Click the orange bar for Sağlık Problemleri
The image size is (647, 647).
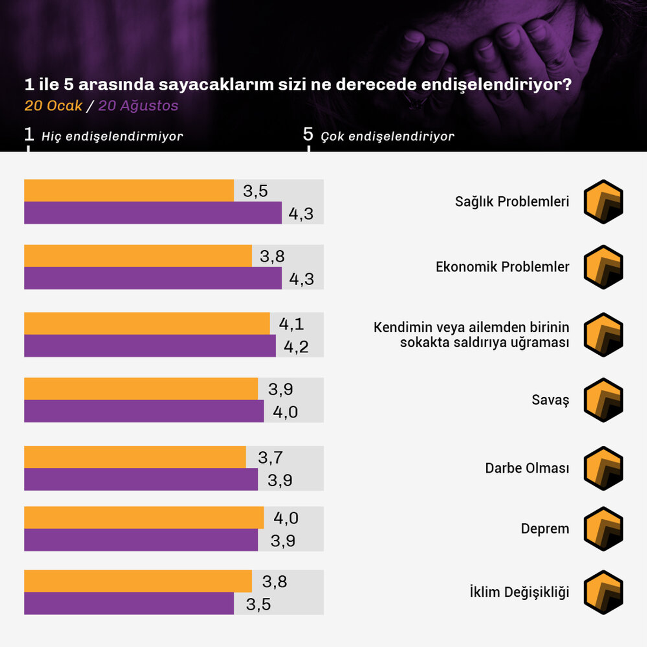pos(129,190)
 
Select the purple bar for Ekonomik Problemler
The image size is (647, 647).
pos(153,278)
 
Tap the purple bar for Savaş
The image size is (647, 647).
pos(144,411)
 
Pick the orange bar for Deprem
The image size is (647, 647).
pos(144,518)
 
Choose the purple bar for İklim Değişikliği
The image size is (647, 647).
pos(129,603)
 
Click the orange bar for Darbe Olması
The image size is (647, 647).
pos(135,457)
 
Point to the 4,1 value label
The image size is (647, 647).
pos(291,324)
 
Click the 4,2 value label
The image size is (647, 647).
pos(296,347)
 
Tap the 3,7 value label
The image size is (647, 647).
pos(270,457)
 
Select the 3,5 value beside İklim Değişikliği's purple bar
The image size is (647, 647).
pos(258,604)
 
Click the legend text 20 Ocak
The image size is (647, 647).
pos(53,106)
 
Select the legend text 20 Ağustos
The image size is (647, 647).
pos(138,106)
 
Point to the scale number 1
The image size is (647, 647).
pos(29,134)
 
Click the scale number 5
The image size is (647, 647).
pos(308,134)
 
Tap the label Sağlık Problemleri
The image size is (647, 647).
pos(512,202)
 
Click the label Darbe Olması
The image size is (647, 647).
pos(527,468)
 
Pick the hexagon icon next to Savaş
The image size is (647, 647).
pos(603,400)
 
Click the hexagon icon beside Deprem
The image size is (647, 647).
pos(603,529)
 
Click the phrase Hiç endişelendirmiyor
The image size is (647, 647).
pos(112,136)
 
